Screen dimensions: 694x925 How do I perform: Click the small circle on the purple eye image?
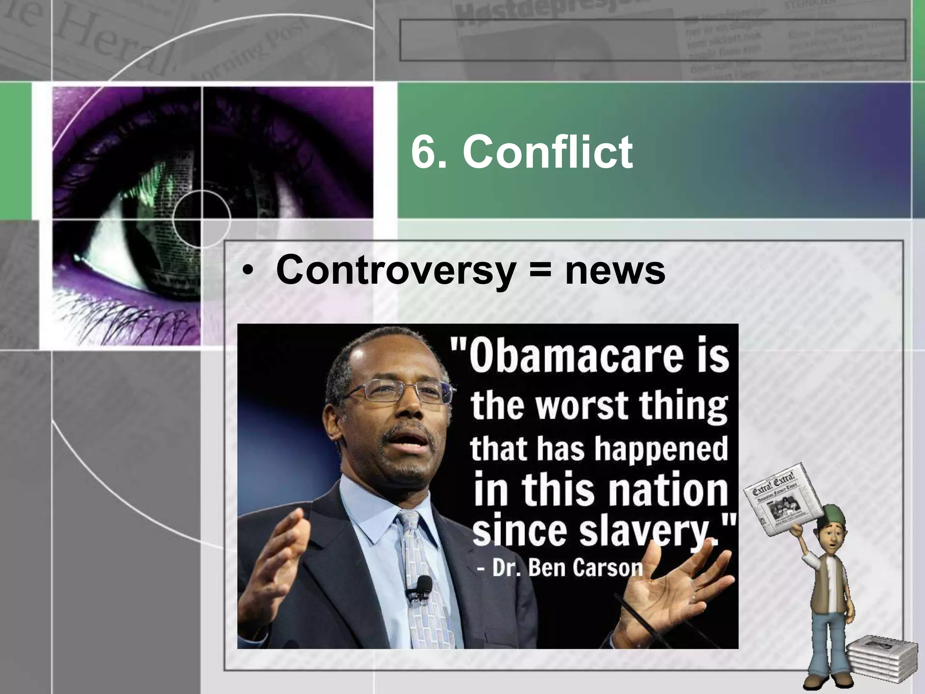click(x=201, y=219)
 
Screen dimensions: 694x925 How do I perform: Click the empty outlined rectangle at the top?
click(x=652, y=40)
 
